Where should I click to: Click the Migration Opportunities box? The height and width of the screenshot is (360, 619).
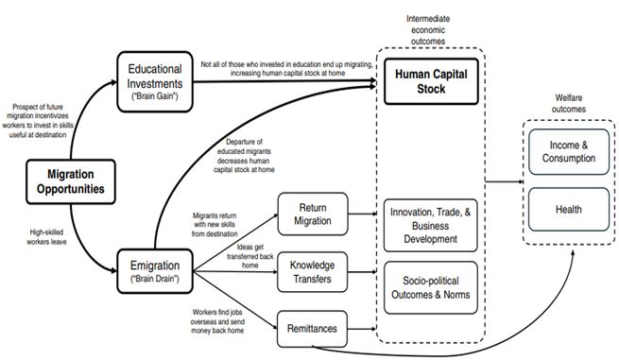67,181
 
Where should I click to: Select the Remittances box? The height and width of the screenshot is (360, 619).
312,328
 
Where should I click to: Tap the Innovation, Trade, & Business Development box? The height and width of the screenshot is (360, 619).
429,227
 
